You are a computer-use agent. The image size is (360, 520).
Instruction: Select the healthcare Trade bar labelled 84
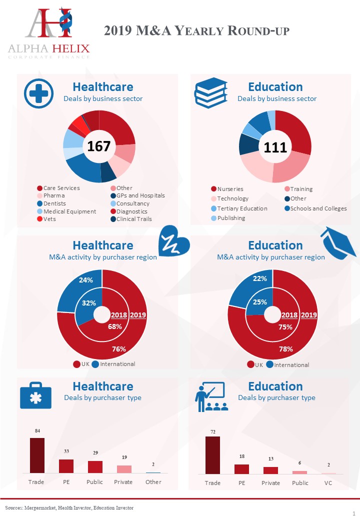pos(37,455)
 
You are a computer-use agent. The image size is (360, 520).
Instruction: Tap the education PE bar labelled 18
pos(241,468)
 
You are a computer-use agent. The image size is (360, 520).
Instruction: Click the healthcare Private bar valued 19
pos(124,469)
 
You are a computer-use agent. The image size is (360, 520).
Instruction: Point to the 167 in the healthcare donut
pos(98,146)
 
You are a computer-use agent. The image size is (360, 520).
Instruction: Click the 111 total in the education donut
pos(275,147)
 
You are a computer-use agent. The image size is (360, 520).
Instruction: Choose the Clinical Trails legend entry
pos(133,218)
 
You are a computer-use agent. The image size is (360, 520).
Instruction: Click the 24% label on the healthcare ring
pos(86,280)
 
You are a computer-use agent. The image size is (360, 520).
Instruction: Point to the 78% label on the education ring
pos(286,349)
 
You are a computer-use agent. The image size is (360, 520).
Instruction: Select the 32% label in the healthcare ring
pos(89,302)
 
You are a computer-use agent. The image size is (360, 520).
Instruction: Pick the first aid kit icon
pos(35,397)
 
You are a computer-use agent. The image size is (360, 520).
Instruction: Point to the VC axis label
pos(328,483)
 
